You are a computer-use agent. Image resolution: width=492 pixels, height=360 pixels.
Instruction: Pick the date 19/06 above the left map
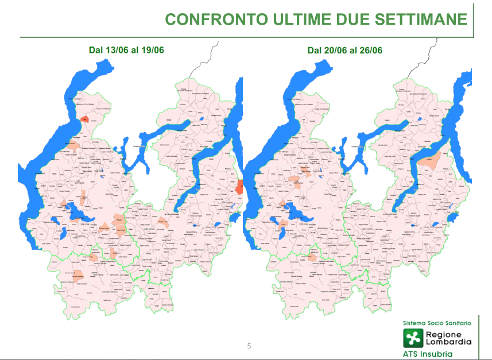pos(153,50)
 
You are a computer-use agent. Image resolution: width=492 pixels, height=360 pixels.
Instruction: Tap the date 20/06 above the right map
pos(335,50)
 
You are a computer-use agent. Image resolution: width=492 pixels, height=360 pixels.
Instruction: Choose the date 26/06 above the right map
pos(371,50)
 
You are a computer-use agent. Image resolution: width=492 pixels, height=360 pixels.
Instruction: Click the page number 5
pos(249,346)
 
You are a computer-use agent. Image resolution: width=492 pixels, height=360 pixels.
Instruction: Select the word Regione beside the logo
pos(440,333)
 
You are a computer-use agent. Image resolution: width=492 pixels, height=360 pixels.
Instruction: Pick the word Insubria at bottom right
pos(439,354)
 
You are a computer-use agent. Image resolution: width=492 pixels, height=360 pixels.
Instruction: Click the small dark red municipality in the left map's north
pos(84,119)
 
